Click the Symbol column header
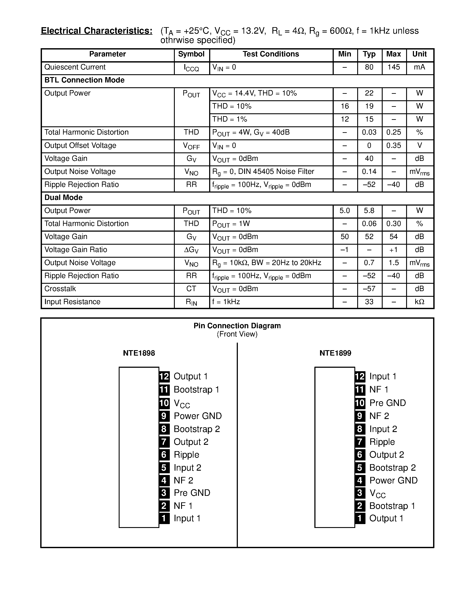(x=191, y=54)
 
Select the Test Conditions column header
(x=271, y=54)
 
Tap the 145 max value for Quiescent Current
(x=394, y=67)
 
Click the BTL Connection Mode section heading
(x=84, y=80)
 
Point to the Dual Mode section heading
(x=63, y=198)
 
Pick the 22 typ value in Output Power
(x=369, y=93)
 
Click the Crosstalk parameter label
(x=60, y=289)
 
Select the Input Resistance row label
(x=72, y=302)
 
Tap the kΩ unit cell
(x=419, y=302)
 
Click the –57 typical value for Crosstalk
(x=369, y=289)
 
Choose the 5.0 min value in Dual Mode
(x=345, y=211)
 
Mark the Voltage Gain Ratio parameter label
(x=75, y=250)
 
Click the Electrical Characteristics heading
(x=96, y=31)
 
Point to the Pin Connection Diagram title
(x=237, y=326)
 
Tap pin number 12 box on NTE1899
(x=360, y=377)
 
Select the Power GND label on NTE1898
(x=198, y=416)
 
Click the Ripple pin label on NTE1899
(x=382, y=442)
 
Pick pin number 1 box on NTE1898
(x=164, y=518)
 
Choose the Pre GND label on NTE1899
(x=388, y=403)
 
